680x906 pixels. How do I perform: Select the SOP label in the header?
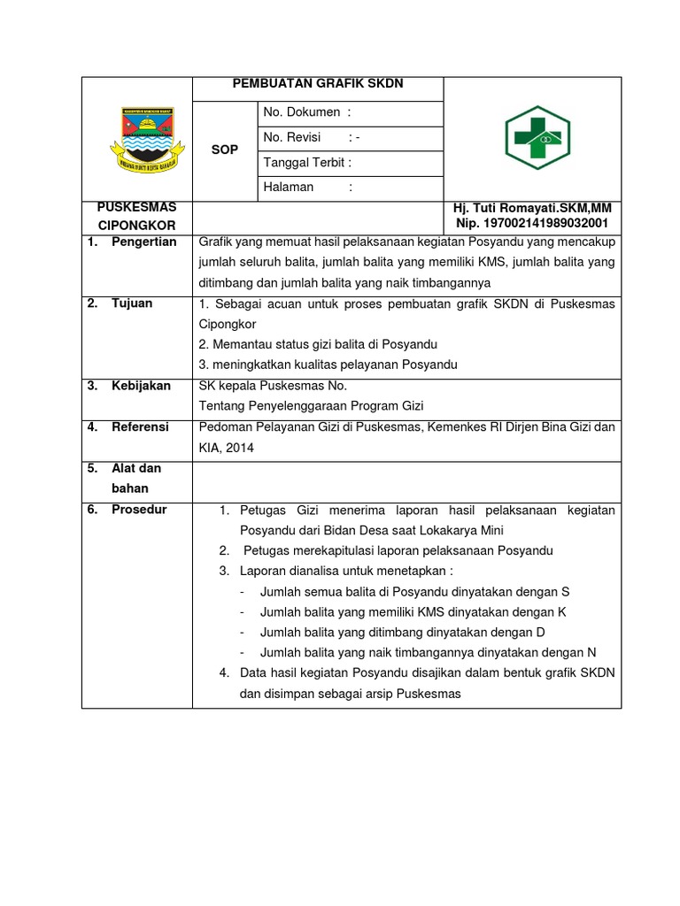coord(225,150)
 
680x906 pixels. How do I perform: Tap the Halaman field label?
coord(290,187)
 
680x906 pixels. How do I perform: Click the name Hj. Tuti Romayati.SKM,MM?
coord(531,207)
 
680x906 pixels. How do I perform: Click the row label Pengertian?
coord(143,242)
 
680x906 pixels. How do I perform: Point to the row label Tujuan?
coord(132,303)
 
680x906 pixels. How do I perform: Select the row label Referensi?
coord(139,426)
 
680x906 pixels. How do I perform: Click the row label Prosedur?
coord(138,510)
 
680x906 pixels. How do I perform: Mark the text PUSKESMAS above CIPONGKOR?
coord(137,207)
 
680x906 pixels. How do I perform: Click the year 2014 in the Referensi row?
coord(239,448)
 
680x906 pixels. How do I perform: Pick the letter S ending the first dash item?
coord(565,591)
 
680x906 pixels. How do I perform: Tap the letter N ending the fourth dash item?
coord(591,653)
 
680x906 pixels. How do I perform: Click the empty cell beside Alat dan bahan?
coord(406,479)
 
